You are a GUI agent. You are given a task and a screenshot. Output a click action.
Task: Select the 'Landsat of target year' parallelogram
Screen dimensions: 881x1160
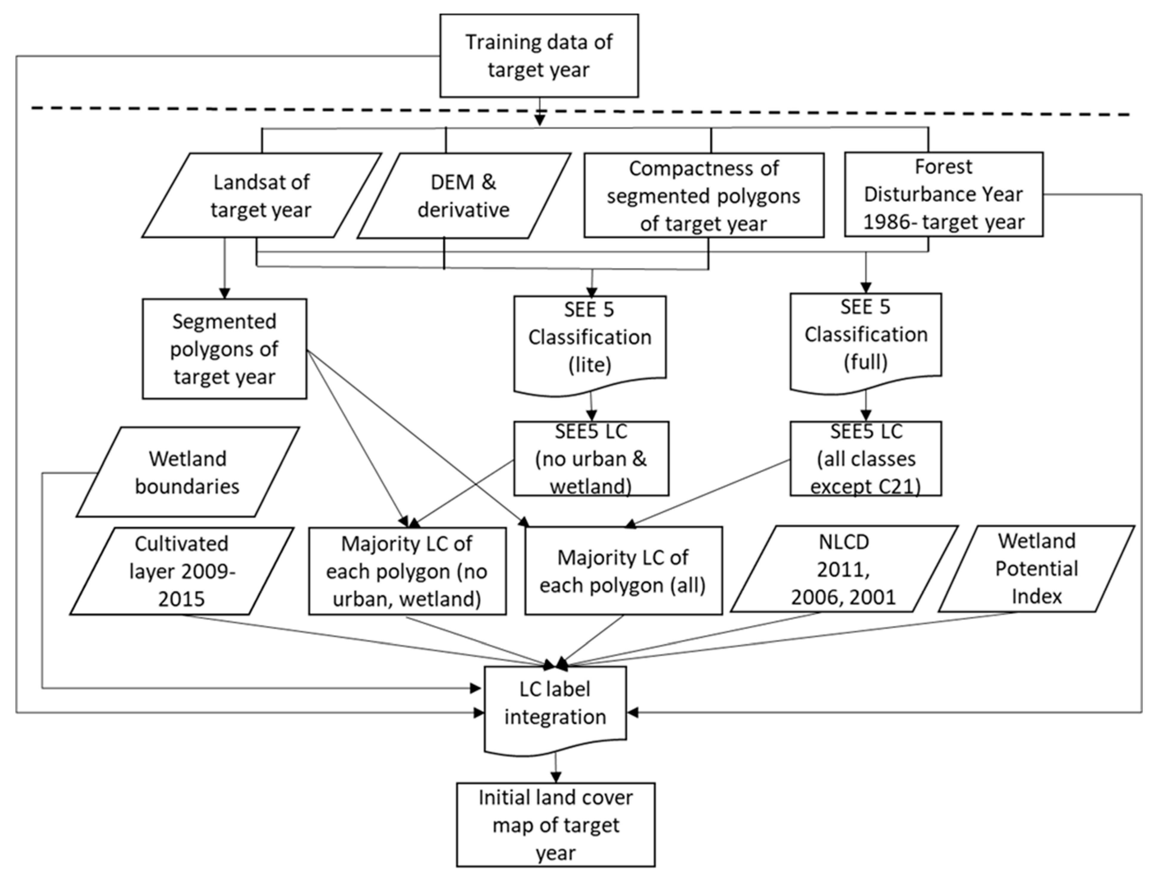(261, 196)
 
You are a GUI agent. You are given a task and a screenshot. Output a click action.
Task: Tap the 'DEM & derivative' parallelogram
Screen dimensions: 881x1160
(464, 196)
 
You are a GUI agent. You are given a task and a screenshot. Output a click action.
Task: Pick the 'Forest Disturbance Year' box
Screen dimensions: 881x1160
(943, 194)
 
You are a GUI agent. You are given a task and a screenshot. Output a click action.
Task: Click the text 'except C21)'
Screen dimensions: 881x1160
(865, 487)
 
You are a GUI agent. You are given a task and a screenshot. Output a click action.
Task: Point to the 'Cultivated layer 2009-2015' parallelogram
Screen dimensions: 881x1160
(181, 571)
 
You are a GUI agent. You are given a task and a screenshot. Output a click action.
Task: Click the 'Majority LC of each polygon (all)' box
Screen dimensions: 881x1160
(623, 571)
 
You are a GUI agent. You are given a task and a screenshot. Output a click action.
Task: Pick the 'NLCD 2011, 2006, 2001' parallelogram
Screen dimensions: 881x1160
(843, 569)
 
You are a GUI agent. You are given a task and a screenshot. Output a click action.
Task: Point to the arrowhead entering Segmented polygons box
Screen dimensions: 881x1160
(225, 294)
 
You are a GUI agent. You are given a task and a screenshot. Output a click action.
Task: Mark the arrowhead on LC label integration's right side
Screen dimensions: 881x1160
(632, 712)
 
